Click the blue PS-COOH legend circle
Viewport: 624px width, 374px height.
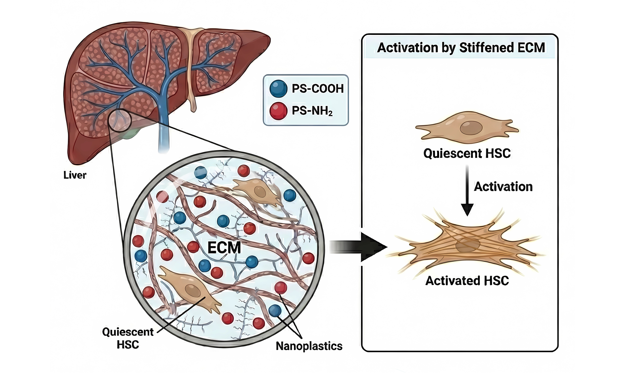click(x=278, y=89)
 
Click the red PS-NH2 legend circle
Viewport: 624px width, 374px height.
click(x=278, y=111)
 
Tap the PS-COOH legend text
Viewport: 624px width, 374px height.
click(x=318, y=89)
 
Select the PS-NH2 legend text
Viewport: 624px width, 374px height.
click(x=312, y=111)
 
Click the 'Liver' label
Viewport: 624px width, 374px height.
click(x=75, y=175)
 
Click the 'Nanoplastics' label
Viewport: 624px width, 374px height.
click(x=309, y=346)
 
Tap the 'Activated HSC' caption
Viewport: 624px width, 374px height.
click(x=467, y=281)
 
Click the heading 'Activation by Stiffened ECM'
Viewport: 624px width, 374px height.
click(x=461, y=48)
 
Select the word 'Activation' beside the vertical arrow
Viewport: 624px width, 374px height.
click(x=503, y=187)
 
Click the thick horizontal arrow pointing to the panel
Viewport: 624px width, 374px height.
click(x=358, y=247)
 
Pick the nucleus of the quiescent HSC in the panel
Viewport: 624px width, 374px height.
click(x=471, y=128)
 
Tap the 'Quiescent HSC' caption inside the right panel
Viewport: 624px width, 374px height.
click(x=467, y=153)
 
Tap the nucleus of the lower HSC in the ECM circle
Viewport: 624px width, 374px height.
click(x=193, y=291)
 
